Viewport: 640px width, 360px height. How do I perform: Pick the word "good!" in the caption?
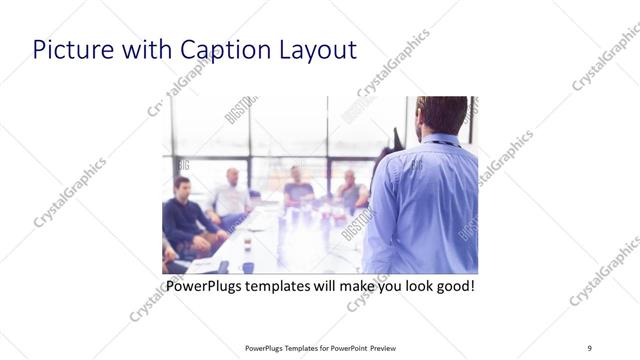point(451,287)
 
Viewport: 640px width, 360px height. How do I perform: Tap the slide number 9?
point(589,348)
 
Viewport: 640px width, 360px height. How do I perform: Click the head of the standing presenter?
point(442,116)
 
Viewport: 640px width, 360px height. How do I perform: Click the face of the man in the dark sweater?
point(182,189)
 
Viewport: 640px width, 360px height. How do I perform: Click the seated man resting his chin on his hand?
point(348,186)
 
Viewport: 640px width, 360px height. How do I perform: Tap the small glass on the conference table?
point(246,244)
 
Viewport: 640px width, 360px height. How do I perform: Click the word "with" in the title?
point(137,50)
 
